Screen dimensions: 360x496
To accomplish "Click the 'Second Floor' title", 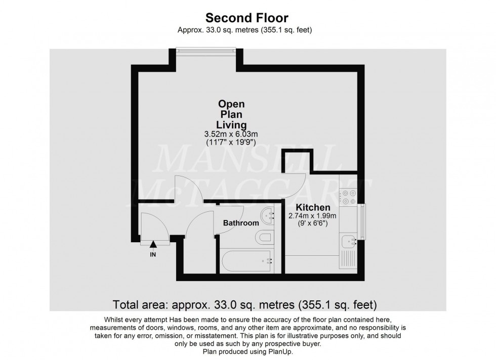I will coord(247,18).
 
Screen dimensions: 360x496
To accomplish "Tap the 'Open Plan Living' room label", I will coord(231,114).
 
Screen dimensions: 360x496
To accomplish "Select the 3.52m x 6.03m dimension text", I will coord(231,134).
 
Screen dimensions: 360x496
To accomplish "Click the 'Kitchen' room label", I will coord(313,208).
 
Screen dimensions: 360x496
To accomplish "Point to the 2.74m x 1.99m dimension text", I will coord(313,216).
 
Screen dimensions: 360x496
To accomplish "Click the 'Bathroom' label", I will coord(241,223).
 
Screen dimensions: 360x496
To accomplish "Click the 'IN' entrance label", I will coord(153,255).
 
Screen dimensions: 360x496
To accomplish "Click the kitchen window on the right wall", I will coord(361,221).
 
